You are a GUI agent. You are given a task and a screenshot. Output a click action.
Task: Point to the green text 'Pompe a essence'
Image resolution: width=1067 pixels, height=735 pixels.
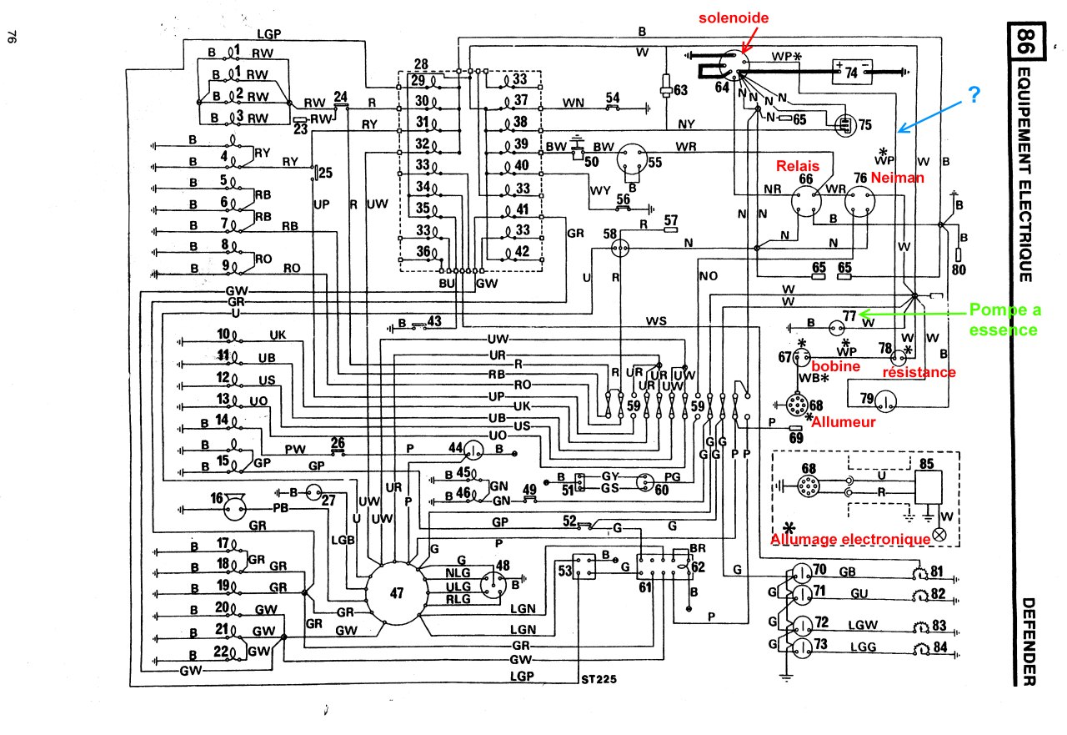click(1004, 320)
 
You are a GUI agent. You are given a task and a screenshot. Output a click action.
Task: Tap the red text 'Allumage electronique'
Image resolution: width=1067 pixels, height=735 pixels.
click(850, 540)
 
